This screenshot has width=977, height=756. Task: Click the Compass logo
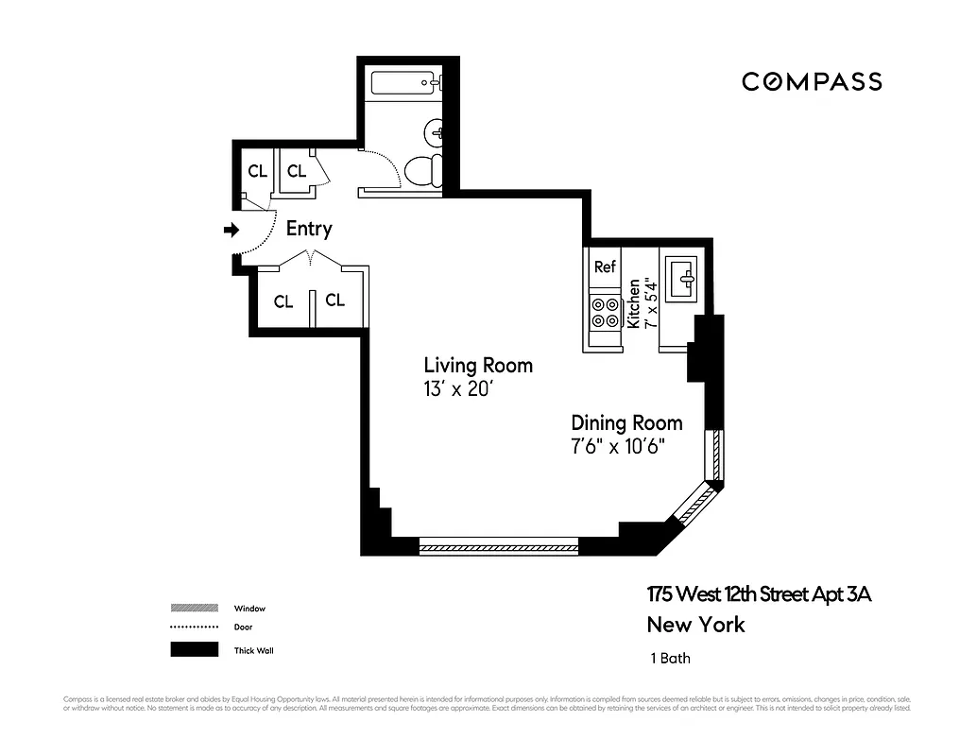812,82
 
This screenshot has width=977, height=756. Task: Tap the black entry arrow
231,230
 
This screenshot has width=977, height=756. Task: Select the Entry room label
309,229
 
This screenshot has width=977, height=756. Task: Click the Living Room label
477,365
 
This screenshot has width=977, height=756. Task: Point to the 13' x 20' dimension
460,388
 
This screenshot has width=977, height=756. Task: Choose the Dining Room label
626,422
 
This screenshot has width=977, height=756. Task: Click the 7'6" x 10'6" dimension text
619,446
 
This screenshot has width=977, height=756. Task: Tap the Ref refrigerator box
605,267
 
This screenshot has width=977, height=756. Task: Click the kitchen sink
682,278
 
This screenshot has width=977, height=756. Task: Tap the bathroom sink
436,131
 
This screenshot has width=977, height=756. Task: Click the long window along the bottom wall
498,546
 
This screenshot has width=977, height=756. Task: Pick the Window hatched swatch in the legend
189,609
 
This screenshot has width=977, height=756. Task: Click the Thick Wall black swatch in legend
189,650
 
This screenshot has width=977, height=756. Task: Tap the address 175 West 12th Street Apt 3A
758,594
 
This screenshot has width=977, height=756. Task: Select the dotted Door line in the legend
189,627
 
